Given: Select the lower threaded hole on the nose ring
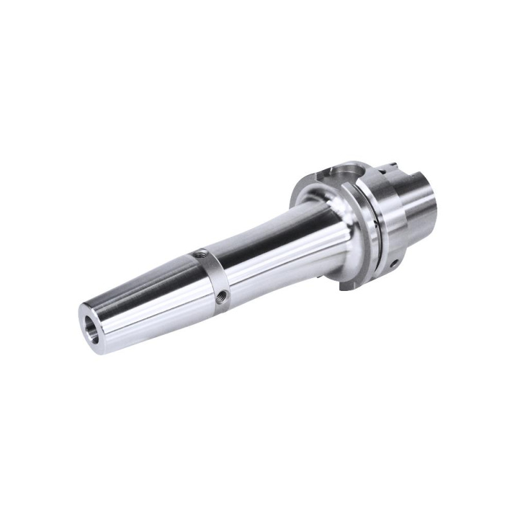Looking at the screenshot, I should coord(223,295).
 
